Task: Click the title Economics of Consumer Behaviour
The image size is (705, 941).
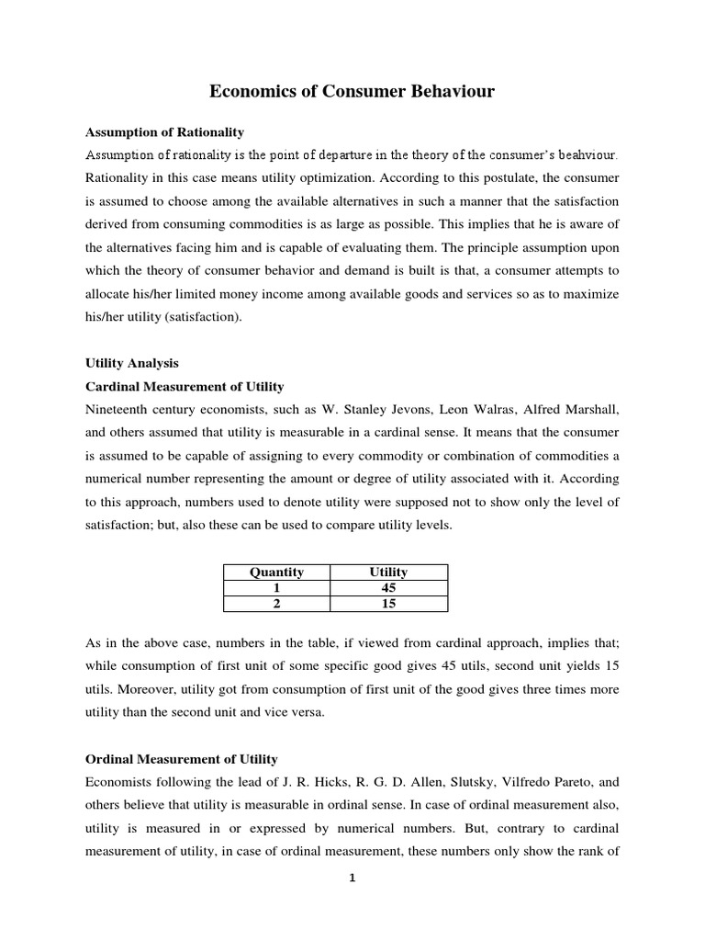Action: tap(352, 92)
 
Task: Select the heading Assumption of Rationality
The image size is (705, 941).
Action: tap(164, 132)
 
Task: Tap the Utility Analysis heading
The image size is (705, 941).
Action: tap(131, 364)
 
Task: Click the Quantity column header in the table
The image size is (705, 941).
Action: tap(276, 573)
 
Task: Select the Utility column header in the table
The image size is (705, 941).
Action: tap(388, 573)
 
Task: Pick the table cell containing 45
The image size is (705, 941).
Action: tap(388, 588)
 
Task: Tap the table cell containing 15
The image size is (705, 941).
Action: tap(388, 604)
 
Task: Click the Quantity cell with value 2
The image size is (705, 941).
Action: tap(276, 604)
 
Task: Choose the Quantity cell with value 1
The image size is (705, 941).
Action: tap(276, 588)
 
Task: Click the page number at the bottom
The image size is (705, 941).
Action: tap(352, 878)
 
